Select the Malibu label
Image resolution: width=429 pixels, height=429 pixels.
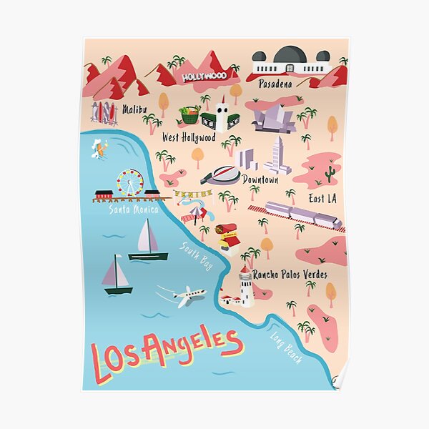[x=134, y=109]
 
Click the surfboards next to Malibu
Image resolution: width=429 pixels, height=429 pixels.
[x=104, y=112]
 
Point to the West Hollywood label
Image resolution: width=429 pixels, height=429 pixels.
[x=189, y=137]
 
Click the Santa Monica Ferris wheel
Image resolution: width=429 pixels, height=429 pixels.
[x=130, y=182]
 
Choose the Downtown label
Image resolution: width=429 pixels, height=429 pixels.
[x=260, y=179]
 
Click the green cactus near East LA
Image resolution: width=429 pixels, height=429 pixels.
[x=330, y=174]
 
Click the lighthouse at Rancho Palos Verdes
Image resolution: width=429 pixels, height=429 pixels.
[x=246, y=286]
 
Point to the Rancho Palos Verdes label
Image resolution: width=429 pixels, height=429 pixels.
[x=290, y=275]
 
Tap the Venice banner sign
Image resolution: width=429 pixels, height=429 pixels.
[x=193, y=194]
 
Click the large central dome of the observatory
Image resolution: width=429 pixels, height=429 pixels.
[x=290, y=55]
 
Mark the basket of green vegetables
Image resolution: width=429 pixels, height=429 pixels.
[x=189, y=114]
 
